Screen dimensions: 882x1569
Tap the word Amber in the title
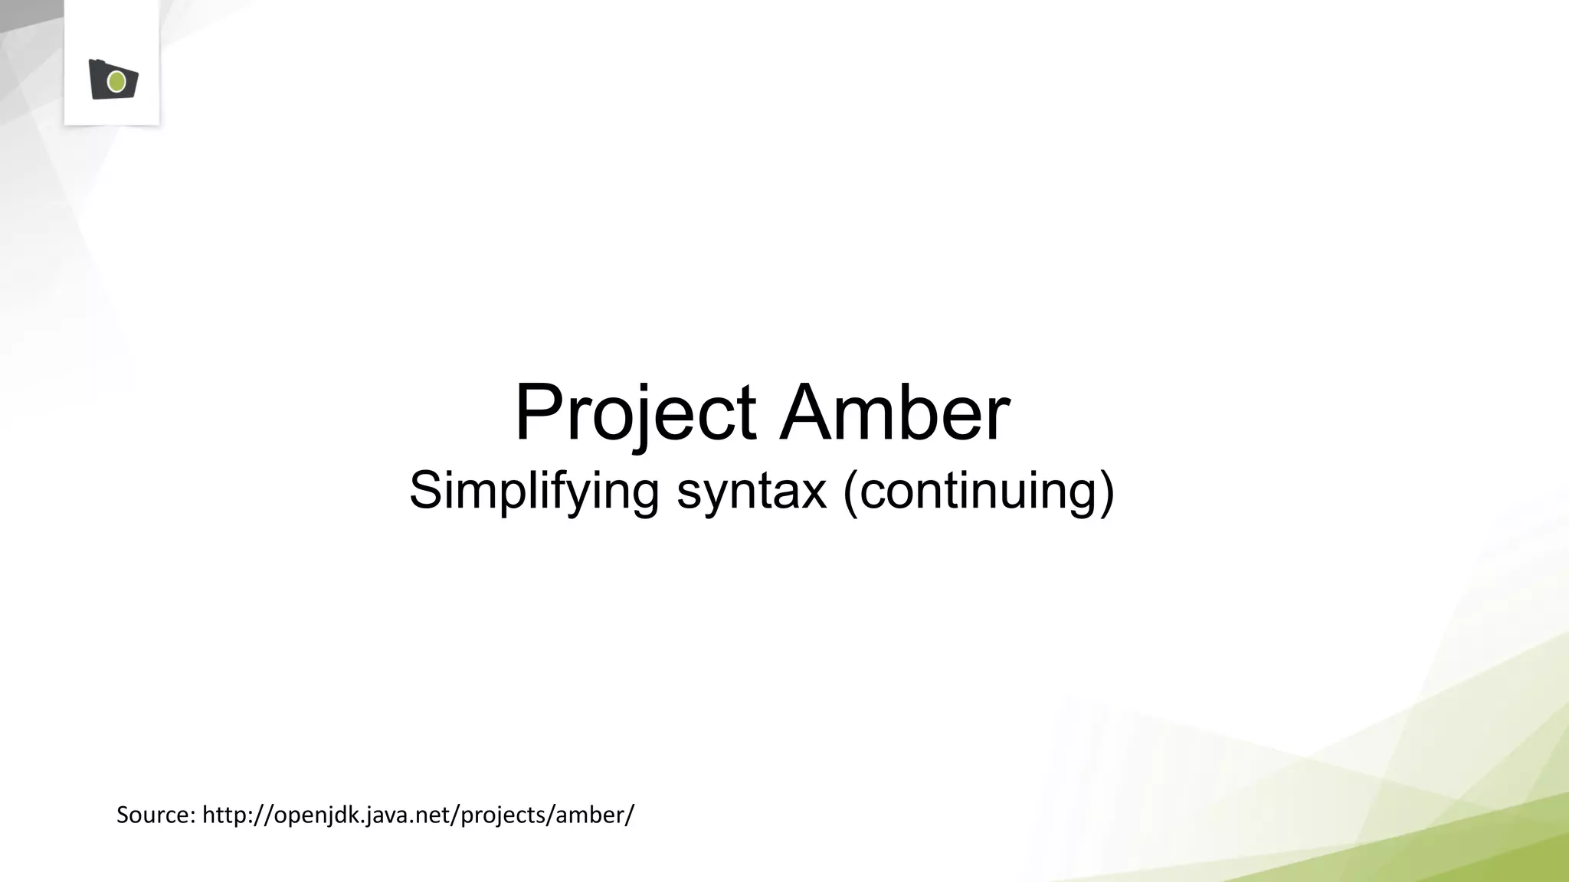pos(895,413)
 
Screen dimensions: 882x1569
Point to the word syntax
pos(752,491)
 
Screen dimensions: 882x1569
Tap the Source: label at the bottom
pos(156,815)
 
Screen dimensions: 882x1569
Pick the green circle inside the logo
pos(116,81)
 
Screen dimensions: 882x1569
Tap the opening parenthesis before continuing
pos(850,492)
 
